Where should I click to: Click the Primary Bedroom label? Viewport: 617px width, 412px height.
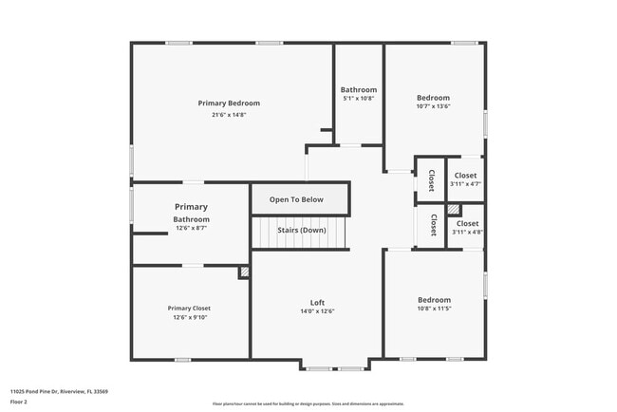point(229,103)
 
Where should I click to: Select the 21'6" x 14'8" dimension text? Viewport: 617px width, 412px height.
point(229,115)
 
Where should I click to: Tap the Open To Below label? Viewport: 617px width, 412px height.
point(296,199)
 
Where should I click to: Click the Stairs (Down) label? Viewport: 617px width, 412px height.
point(302,231)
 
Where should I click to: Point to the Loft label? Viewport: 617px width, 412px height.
point(317,302)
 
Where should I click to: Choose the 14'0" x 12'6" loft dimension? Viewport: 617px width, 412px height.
point(317,311)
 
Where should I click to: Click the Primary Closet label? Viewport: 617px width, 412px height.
point(189,309)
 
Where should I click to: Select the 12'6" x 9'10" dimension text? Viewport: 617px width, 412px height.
point(189,318)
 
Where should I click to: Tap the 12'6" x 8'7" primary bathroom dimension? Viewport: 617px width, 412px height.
point(190,228)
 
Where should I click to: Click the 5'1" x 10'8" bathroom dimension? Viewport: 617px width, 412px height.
point(359,99)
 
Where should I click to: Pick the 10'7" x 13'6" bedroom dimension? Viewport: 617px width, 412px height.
point(433,106)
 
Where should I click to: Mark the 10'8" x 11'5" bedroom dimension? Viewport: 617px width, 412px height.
point(434,309)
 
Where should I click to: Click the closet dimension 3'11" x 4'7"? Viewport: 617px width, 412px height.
point(465,184)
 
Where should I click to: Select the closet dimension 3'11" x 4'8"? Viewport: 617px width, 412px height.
point(466,232)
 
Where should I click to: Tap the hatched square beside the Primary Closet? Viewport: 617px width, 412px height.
point(244,272)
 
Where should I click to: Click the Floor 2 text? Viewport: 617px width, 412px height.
point(19,403)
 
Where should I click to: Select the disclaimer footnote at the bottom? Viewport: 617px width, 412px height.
point(308,403)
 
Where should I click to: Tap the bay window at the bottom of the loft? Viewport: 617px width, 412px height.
point(336,366)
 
